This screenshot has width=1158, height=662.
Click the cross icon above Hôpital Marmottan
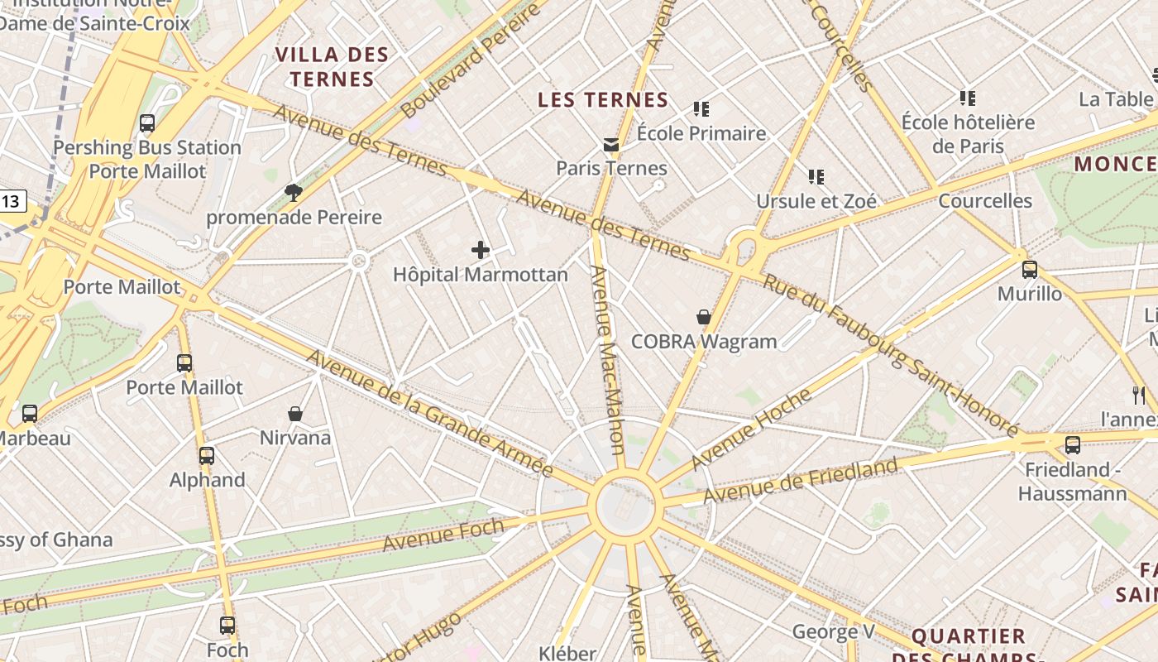pos(480,250)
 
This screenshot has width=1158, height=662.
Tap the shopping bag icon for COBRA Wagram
pos(703,317)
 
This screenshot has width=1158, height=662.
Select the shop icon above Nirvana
pos(295,413)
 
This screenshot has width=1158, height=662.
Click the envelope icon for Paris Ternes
pos(611,145)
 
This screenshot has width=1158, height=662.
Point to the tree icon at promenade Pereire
pos(293,193)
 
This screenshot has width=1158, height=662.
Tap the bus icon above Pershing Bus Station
pos(147,123)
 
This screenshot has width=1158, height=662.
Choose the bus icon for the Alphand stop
pos(207,455)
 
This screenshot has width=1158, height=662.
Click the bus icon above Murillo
pos(1029,269)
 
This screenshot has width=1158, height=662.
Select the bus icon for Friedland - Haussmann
pos(1072,445)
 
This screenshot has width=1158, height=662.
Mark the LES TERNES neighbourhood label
pos(603,100)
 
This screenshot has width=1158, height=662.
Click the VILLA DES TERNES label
pos(332,67)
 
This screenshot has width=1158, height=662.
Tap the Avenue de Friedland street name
pos(800,481)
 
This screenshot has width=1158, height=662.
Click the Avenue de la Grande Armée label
pos(429,413)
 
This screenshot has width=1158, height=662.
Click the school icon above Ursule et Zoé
pos(816,176)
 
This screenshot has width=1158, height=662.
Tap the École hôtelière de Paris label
pos(968,134)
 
